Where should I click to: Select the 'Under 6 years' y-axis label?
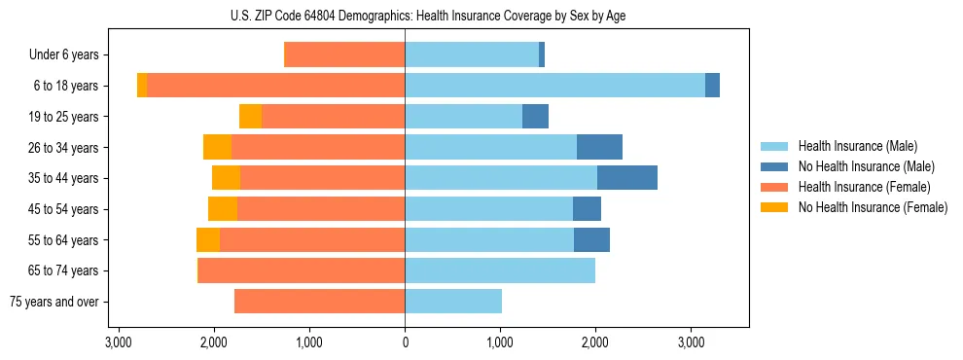[70, 55]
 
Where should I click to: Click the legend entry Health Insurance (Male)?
[857, 147]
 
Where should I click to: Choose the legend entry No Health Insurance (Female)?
[873, 207]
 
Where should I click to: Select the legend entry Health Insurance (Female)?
[864, 187]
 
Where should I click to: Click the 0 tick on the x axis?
[405, 342]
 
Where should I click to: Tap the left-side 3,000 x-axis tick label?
[119, 342]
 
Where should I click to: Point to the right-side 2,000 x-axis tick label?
[595, 342]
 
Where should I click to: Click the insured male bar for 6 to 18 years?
[554, 86]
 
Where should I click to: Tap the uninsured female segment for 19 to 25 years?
[250, 117]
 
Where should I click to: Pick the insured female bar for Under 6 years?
[344, 55]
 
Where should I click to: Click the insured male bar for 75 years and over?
[453, 302]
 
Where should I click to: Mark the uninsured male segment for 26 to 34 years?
[599, 147]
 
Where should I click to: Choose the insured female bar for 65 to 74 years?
[302, 270]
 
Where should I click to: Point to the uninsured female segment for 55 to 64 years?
[208, 240]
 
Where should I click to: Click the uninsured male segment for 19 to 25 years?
[535, 117]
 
